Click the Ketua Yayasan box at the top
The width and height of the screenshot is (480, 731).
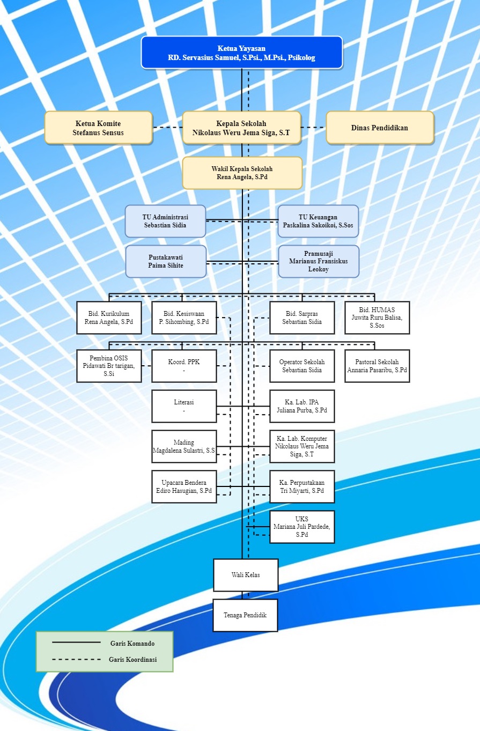(241, 53)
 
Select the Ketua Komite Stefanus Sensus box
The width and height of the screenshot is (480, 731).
(98, 128)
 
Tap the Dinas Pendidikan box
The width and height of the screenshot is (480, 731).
(380, 128)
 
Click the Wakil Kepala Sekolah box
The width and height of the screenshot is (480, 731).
(242, 173)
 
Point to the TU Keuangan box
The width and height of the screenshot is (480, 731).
(318, 221)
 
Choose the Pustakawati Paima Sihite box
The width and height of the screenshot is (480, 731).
(166, 261)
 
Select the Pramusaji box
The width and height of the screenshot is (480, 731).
(319, 261)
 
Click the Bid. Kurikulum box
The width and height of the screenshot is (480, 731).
(109, 317)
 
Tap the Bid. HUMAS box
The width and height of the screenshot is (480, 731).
(377, 317)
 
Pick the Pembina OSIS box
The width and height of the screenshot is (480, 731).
(109, 366)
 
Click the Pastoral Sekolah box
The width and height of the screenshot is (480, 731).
(377, 366)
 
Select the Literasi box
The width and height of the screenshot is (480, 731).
(184, 406)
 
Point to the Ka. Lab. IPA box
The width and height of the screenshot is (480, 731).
(302, 406)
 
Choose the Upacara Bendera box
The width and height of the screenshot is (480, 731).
(184, 486)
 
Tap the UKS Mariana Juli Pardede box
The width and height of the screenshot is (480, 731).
(302, 527)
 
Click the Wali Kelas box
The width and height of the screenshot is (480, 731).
(246, 575)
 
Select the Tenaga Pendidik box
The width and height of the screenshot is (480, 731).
(246, 615)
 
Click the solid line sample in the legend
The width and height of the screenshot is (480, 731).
(76, 643)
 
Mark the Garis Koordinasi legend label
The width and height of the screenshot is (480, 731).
(132, 660)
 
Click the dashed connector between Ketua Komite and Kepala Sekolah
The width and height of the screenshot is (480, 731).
(167, 128)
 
